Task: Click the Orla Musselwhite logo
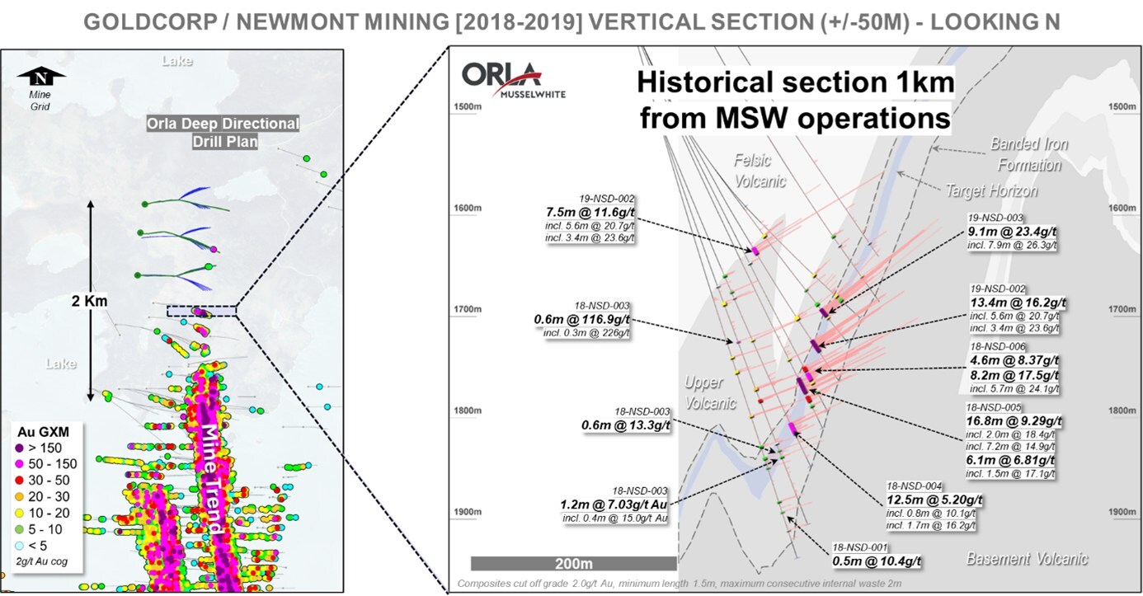coord(501,80)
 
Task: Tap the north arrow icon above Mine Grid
coord(40,78)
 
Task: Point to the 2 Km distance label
coord(89,301)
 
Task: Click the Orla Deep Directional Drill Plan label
coord(222,133)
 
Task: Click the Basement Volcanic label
coord(1027,559)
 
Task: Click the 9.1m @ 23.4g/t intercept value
coord(1013,232)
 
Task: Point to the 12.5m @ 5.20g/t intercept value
coord(934,500)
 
